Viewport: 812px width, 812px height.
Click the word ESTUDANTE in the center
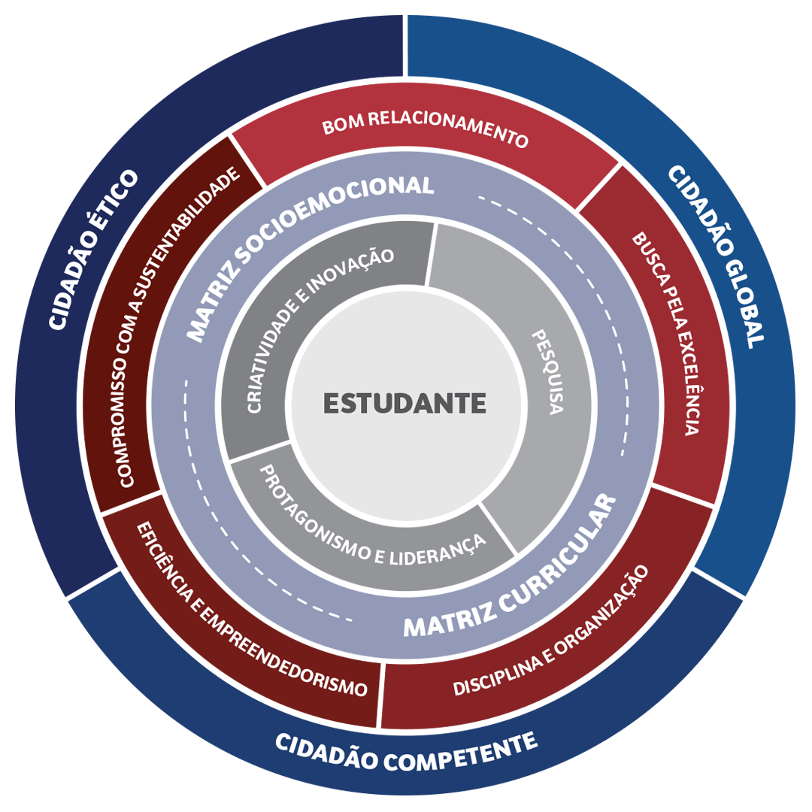coord(404,403)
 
